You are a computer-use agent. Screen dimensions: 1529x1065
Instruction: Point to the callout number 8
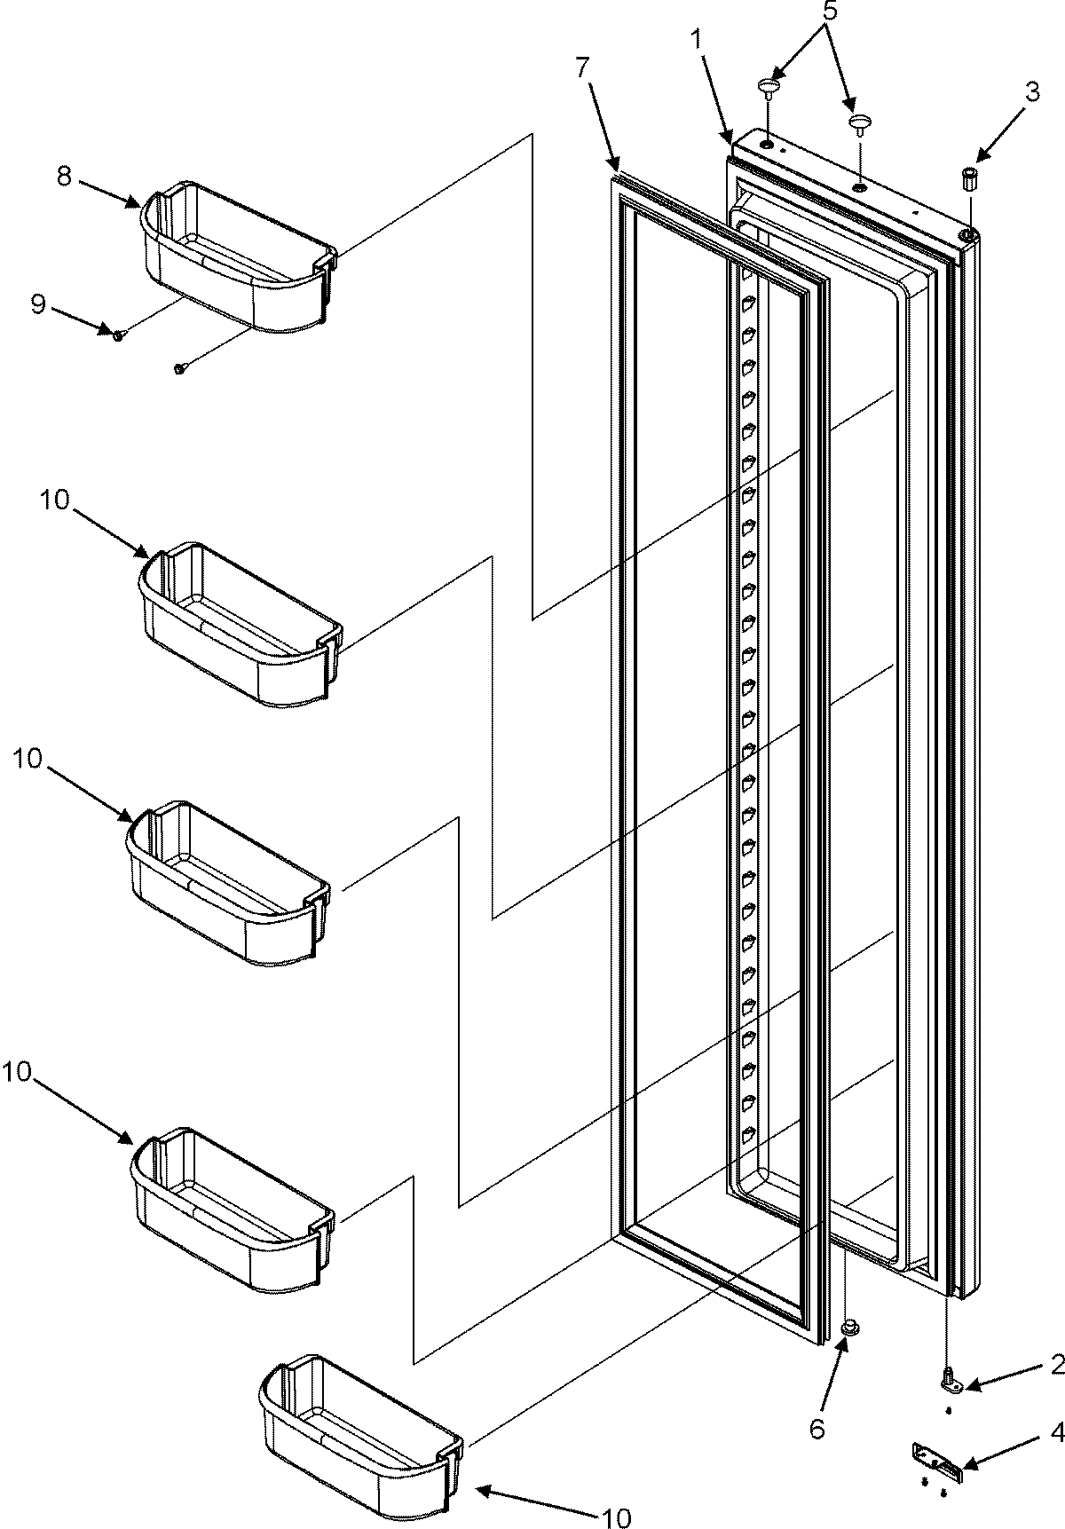click(64, 176)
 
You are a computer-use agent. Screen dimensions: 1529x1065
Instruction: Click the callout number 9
click(37, 304)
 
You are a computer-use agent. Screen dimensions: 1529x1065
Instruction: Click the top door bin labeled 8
click(238, 256)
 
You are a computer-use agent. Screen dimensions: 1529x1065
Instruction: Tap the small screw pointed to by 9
click(119, 334)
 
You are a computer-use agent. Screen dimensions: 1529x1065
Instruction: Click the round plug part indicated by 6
click(849, 1352)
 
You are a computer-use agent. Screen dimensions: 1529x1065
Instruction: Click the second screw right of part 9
click(180, 367)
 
